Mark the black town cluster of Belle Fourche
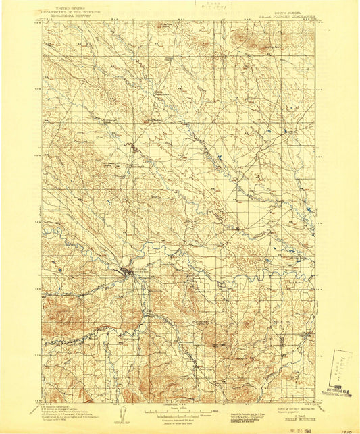tap(126, 272)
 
